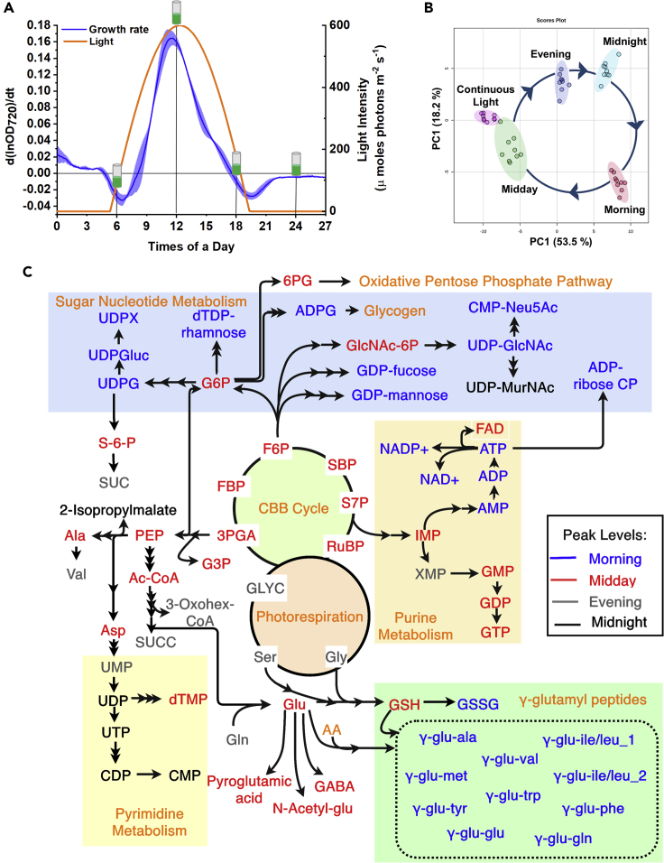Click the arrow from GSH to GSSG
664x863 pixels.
point(436,701)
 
